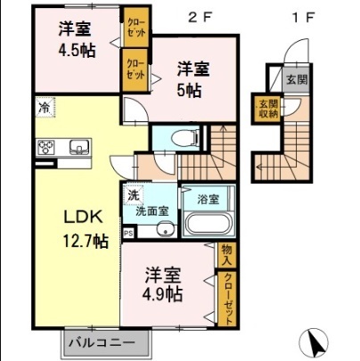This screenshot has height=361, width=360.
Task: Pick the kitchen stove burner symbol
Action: pyautogui.click(x=46, y=148)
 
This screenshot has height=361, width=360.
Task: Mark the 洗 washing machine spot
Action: pyautogui.click(x=132, y=194)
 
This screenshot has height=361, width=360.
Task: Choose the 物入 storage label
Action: pyautogui.click(x=226, y=254)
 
